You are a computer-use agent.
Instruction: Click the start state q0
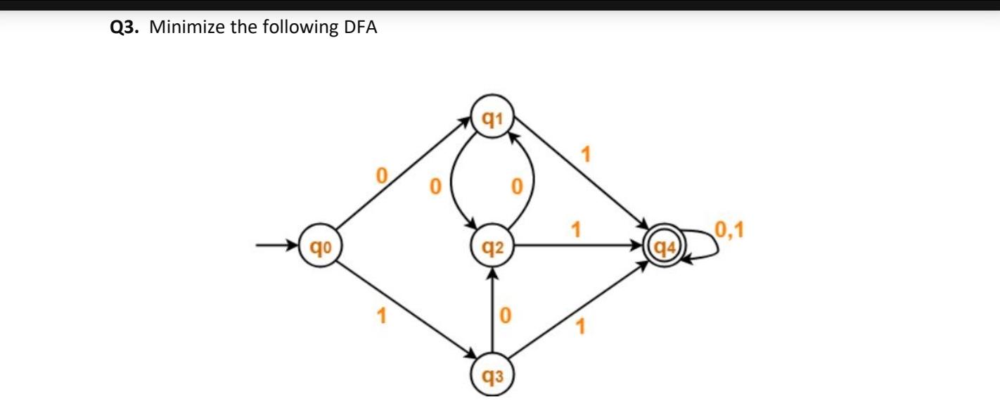pyautogui.click(x=319, y=246)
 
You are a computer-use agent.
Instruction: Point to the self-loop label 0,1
pyautogui.click(x=731, y=229)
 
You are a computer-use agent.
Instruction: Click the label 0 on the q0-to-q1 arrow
pyautogui.click(x=382, y=174)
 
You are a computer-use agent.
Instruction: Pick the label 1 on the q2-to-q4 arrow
pyautogui.click(x=577, y=229)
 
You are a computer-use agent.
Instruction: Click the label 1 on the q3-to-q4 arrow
pyautogui.click(x=580, y=327)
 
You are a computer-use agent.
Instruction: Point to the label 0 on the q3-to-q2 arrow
pyautogui.click(x=503, y=316)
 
